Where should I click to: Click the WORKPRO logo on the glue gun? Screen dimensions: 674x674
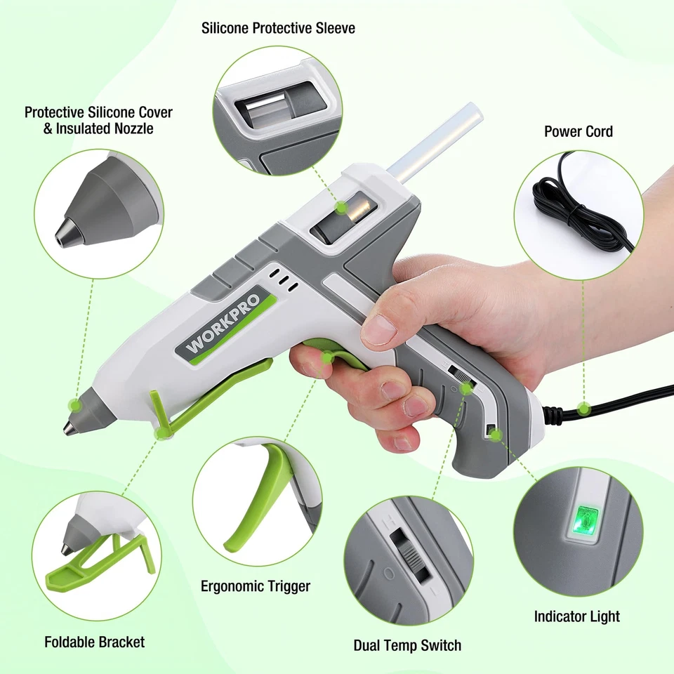[223, 322]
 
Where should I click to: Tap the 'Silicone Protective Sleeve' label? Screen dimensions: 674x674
[278, 29]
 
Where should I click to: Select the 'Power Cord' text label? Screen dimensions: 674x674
[578, 131]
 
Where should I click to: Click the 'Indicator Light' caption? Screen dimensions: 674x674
[576, 616]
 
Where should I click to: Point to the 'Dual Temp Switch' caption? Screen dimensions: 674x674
[407, 645]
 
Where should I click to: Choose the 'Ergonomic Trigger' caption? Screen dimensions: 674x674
[256, 586]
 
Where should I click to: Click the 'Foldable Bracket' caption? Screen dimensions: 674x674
[95, 642]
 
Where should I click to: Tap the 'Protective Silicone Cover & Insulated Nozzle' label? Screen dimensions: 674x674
[98, 120]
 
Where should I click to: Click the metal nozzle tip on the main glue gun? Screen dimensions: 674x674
[71, 427]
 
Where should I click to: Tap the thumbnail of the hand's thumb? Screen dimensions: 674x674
[379, 329]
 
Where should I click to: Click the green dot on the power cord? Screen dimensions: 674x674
[583, 408]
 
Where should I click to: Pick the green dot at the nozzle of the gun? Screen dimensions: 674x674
[74, 405]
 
